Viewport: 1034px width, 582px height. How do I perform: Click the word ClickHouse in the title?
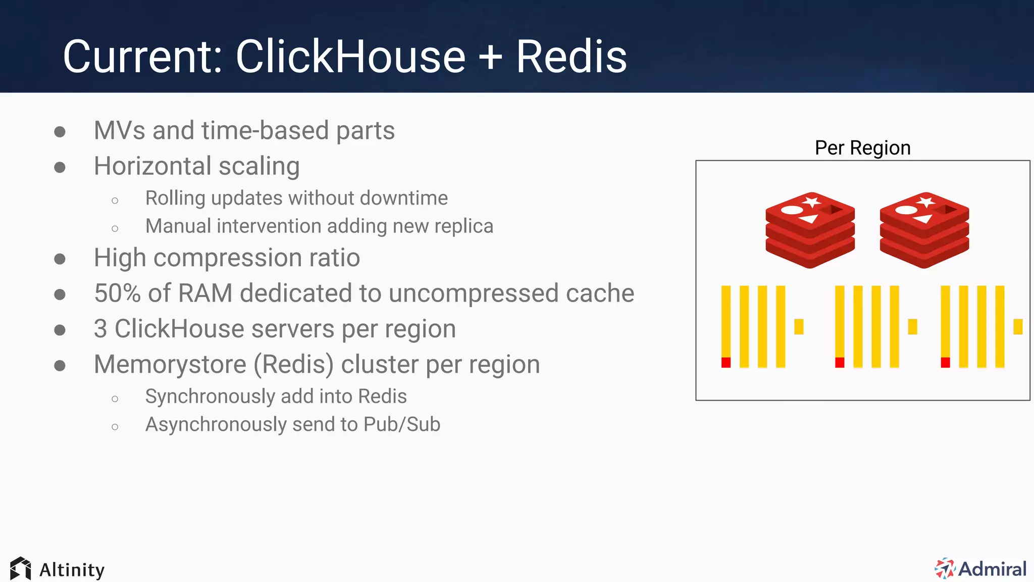coord(350,57)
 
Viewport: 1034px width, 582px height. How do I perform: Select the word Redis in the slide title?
coord(571,57)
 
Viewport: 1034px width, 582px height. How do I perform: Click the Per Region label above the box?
coord(862,148)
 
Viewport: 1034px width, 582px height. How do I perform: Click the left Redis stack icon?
coord(810,230)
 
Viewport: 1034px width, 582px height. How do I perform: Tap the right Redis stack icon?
coord(924,230)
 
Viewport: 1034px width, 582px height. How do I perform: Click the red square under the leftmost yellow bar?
coord(726,362)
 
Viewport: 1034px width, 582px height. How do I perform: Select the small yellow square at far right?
coord(1018,326)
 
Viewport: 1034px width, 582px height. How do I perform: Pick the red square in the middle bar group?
coord(840,362)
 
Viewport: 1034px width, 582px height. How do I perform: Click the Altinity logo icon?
coord(21,569)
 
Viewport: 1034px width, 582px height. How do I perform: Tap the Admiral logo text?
coord(992,569)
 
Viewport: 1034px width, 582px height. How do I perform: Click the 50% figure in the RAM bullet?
coord(117,294)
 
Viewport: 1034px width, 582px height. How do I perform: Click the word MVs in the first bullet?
coord(120,131)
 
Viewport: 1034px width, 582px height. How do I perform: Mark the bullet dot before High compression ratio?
coord(60,259)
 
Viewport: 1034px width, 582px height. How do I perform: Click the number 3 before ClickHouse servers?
coord(100,329)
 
